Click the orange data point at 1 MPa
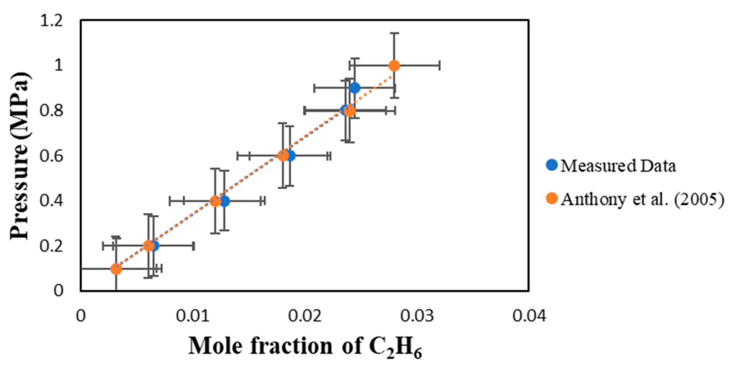coord(394,66)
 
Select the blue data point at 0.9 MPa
coord(355,88)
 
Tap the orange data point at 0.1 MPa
coord(116,269)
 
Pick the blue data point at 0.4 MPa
coord(225,201)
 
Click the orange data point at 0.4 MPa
coord(215,201)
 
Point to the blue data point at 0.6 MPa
coord(290,155)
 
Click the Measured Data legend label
coord(618,166)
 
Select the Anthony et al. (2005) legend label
coord(642,199)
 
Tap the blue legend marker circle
coord(552,165)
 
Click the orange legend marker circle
coord(552,199)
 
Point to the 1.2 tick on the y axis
coord(52,21)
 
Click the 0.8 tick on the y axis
coord(52,111)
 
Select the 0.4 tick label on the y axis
coord(52,201)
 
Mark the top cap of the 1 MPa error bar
coord(394,33)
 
